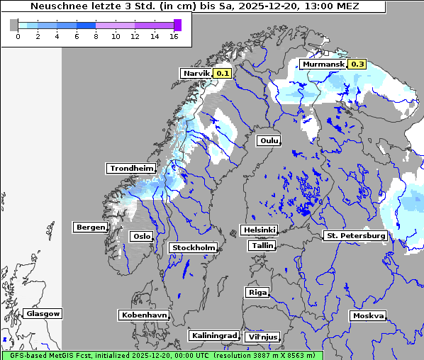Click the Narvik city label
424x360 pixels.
[x=196, y=73]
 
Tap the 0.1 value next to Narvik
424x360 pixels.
[x=223, y=73]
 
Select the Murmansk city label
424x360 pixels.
[x=323, y=64]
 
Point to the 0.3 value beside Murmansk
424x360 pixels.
[x=357, y=64]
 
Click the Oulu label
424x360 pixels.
[x=269, y=140]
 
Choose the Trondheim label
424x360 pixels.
[x=131, y=168]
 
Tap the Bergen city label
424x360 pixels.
[x=89, y=227]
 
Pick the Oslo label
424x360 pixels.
[x=141, y=236]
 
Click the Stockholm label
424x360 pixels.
[x=193, y=247]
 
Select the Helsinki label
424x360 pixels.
[x=259, y=230]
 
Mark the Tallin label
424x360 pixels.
[x=262, y=245]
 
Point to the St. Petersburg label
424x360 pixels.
[x=355, y=235]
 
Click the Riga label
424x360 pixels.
[x=257, y=292]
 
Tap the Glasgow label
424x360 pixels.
[x=43, y=313]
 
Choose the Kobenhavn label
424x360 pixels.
[x=144, y=315]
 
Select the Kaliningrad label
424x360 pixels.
[x=213, y=335]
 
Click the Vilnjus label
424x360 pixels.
[x=262, y=337]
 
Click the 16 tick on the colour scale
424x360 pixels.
[x=174, y=36]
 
